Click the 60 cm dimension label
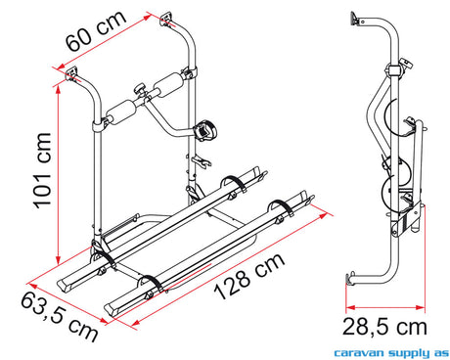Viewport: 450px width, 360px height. click(x=96, y=30)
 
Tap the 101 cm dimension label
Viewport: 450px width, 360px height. click(x=43, y=170)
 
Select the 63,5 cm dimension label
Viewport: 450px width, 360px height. click(x=60, y=317)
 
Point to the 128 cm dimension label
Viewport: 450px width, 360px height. click(x=249, y=276)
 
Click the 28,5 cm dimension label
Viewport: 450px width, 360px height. click(x=384, y=327)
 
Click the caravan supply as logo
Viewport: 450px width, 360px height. click(x=391, y=352)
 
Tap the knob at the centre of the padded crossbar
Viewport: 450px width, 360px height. click(x=141, y=89)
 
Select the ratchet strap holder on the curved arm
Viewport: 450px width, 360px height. click(x=204, y=130)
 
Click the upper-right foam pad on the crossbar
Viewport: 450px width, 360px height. click(x=169, y=85)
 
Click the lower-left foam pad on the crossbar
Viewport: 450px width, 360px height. click(x=120, y=112)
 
